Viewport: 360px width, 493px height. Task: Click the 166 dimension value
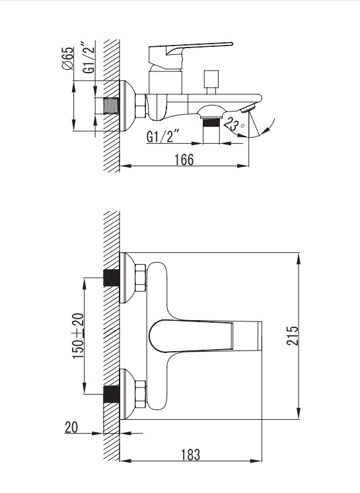click(184, 160)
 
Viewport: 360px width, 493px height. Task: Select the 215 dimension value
click(292, 335)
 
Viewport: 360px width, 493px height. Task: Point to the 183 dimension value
click(190, 454)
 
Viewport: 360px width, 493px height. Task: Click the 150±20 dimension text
click(79, 336)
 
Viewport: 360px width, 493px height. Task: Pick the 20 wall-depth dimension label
click(71, 427)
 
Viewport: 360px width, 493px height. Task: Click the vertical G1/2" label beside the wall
click(89, 57)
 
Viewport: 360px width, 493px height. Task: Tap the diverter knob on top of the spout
click(211, 82)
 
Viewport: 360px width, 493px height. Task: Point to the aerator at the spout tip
click(248, 109)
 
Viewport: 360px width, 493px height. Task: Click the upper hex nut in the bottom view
click(141, 279)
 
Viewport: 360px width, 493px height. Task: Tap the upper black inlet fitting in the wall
click(112, 278)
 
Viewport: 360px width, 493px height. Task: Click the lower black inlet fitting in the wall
click(112, 394)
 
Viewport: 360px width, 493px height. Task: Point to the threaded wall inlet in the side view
click(112, 106)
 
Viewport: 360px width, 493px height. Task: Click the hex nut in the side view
click(141, 106)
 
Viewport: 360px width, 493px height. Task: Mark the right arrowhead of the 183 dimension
click(257, 461)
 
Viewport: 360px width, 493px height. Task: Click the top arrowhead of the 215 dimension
click(299, 258)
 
